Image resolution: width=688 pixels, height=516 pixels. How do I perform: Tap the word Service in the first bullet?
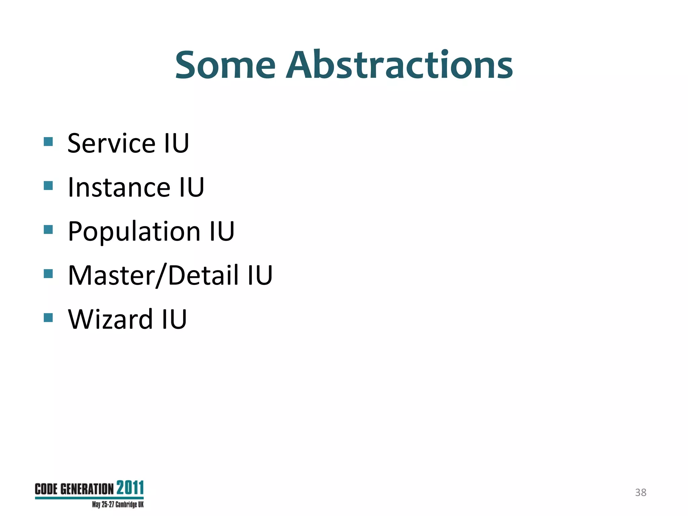111,143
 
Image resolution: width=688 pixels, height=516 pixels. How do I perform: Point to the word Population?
134,231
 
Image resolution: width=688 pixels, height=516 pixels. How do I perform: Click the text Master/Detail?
153,275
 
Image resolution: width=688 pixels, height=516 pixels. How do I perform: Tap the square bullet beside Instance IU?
48,185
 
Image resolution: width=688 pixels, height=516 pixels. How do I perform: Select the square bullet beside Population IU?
48,229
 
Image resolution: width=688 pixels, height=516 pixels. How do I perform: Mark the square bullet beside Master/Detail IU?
48,273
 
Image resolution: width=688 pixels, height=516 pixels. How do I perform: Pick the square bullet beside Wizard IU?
48,317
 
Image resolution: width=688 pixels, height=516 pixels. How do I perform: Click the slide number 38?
641,492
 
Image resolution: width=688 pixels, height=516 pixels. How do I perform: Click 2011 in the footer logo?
130,488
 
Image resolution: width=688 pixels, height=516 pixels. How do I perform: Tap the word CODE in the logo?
46,489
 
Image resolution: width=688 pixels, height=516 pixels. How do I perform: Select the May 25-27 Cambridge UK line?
118,505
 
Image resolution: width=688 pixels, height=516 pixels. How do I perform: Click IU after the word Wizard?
174,319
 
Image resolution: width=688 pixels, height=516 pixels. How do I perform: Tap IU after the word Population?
222,231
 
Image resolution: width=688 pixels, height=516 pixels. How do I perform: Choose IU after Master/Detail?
260,275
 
